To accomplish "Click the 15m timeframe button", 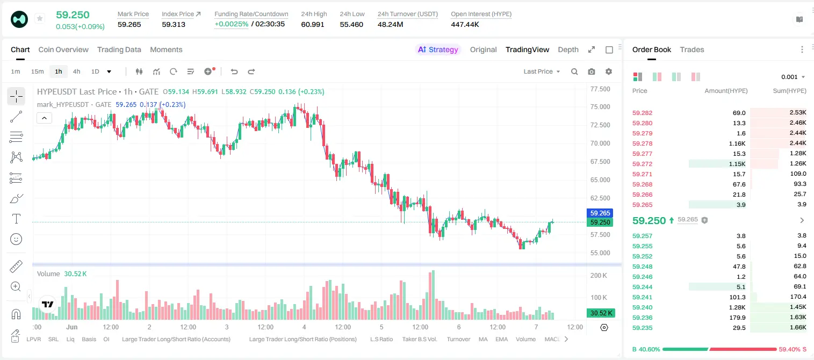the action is pos(38,71).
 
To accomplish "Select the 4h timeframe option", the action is pos(76,71).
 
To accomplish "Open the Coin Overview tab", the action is pos(63,49).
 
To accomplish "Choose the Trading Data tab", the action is pos(119,49).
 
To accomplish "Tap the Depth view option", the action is pos(568,49).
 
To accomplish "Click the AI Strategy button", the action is pos(438,49).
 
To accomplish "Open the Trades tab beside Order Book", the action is pos(692,49).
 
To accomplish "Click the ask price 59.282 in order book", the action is pos(642,113).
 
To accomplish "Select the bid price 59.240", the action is pos(642,307).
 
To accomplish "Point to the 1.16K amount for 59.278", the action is pos(737,143).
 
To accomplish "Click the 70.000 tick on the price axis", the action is pos(600,143).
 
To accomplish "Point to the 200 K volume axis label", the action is pos(599,275).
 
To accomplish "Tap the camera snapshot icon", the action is pos(592,71).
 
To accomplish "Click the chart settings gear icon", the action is pos(609,71).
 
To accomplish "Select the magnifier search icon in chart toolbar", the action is pos(574,71).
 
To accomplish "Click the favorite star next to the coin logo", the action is pos(40,18).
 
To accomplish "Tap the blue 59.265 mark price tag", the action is pos(600,213).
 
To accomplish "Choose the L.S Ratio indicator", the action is pos(381,339).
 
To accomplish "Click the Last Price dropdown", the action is pos(542,71).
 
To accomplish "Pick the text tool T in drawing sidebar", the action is pos(16,219).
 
